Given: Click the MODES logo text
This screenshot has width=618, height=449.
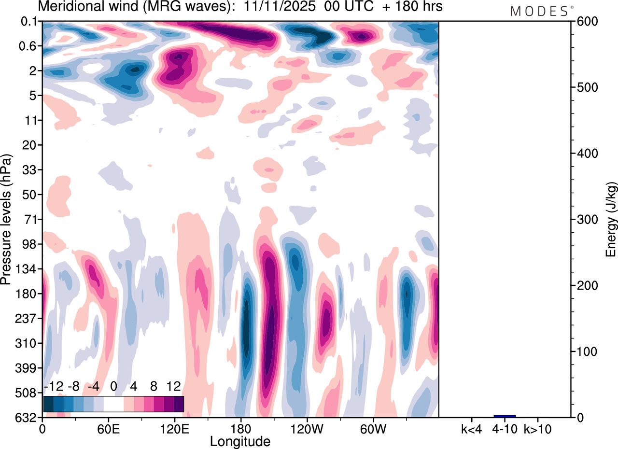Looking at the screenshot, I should tap(539, 11).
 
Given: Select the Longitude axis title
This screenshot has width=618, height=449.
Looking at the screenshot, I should tap(240, 441).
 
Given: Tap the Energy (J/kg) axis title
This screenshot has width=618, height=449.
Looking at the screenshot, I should tap(610, 220).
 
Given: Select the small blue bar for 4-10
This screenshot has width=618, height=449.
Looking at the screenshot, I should tap(505, 416).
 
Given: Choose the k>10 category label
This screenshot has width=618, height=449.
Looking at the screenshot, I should tap(537, 429).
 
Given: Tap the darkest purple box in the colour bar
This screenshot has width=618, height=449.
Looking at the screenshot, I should tap(179, 404).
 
